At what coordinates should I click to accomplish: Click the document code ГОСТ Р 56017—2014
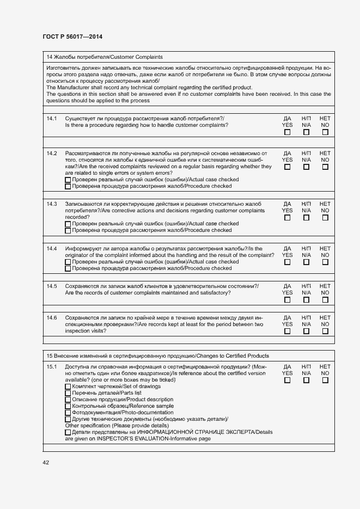[72, 37]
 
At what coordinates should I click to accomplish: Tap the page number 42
[46, 462]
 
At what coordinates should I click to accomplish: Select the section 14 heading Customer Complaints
[105, 57]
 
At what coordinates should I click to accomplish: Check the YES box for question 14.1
[287, 132]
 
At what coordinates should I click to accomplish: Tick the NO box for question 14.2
[325, 167]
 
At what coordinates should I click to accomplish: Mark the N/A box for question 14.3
[306, 218]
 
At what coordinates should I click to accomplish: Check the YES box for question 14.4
[287, 262]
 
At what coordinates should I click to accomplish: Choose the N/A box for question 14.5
[306, 299]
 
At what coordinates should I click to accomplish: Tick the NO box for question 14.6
[325, 331]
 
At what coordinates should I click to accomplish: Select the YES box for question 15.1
[287, 381]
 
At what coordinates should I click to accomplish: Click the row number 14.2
[52, 154]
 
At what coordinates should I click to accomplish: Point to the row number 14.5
[52, 286]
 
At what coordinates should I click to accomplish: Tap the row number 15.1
[52, 367]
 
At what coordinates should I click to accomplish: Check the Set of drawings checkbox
[68, 387]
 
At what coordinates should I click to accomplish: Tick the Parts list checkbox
[68, 394]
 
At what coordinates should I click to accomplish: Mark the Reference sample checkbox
[68, 407]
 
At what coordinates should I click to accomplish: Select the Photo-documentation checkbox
[68, 413]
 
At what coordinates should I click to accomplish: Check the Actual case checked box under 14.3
[68, 224]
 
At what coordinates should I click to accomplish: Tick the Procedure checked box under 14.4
[68, 268]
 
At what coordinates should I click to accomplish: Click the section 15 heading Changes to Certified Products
[157, 356]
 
